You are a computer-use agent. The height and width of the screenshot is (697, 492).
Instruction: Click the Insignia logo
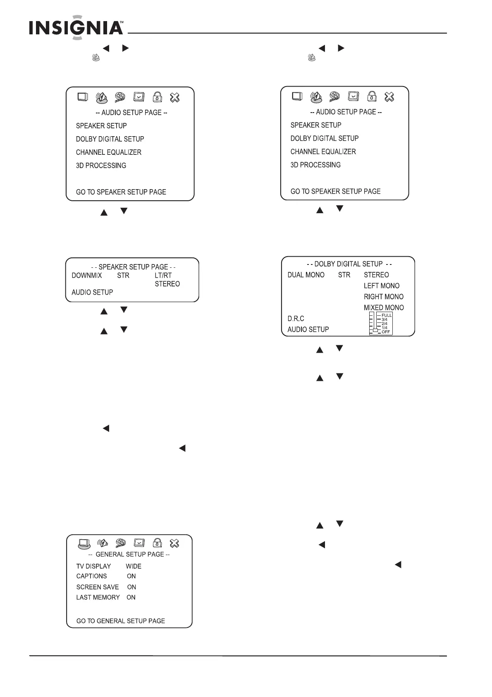76,28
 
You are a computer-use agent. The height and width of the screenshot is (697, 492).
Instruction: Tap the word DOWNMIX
87,276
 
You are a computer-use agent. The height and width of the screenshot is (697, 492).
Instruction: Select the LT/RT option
163,276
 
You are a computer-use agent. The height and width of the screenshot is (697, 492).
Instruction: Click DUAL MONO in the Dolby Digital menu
306,275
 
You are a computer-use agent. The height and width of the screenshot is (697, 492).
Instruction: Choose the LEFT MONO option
382,286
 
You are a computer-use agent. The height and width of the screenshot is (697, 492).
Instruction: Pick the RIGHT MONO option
384,297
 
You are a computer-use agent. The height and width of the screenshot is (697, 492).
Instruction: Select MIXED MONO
384,308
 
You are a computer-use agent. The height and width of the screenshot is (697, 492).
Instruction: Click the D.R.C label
296,319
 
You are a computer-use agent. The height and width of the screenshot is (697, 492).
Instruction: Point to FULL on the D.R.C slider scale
387,315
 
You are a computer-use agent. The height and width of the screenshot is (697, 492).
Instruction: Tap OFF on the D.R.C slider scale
386,332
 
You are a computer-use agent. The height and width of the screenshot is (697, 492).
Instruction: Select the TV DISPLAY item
93,566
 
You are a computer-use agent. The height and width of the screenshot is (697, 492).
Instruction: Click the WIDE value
134,566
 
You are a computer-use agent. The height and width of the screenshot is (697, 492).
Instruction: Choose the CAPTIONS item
91,576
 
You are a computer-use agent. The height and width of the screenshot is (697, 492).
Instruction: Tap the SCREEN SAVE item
98,587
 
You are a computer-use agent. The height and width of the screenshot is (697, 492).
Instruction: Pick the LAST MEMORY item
98,597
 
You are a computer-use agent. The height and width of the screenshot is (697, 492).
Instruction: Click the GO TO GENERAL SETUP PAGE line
121,621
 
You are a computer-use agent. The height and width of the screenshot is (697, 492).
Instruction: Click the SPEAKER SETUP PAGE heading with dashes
133,267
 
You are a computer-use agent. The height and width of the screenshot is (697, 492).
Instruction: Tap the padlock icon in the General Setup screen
157,543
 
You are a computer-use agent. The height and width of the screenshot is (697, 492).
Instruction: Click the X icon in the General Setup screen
174,543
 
